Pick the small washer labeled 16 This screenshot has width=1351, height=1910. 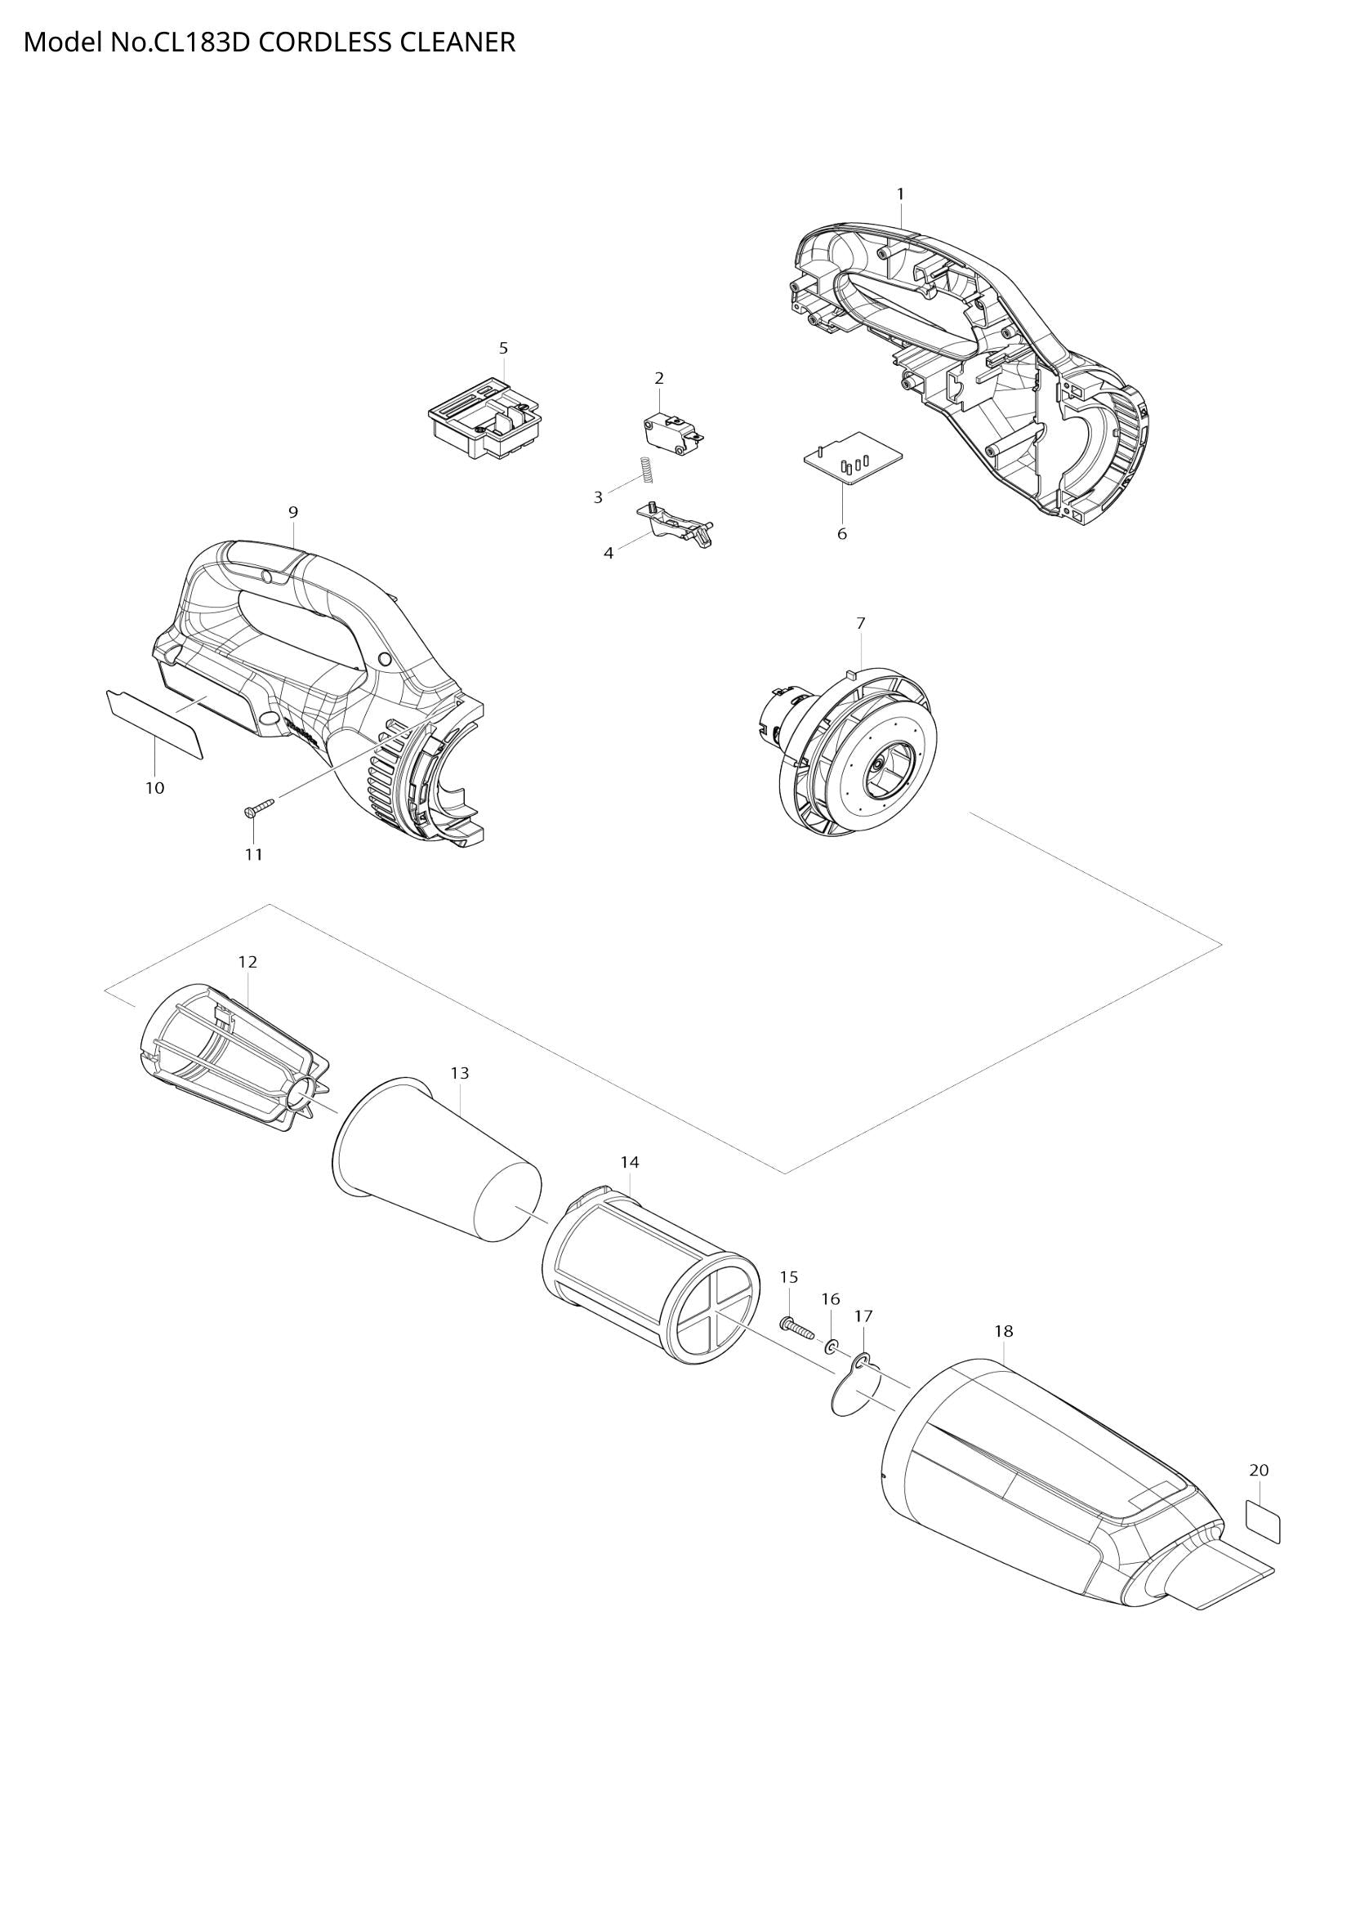[831, 1346]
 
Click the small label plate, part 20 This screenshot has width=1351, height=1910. [1262, 1525]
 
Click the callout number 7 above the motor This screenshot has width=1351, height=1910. [860, 622]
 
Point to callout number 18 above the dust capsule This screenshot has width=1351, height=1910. [1004, 1331]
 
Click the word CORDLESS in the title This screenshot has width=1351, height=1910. [323, 42]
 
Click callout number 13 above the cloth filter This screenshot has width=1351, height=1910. [459, 1073]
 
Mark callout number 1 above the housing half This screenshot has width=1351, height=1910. [900, 193]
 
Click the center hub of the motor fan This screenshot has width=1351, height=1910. [883, 763]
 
